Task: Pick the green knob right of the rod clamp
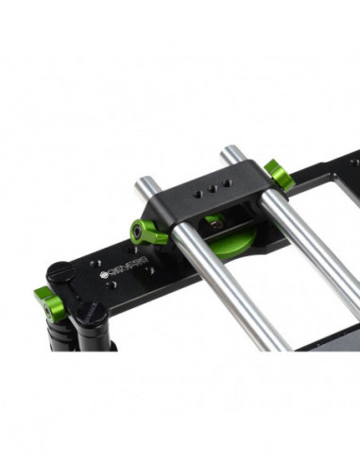(276, 173)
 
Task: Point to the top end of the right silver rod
(230, 150)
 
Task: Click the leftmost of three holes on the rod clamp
(197, 195)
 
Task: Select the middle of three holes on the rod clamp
(212, 191)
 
